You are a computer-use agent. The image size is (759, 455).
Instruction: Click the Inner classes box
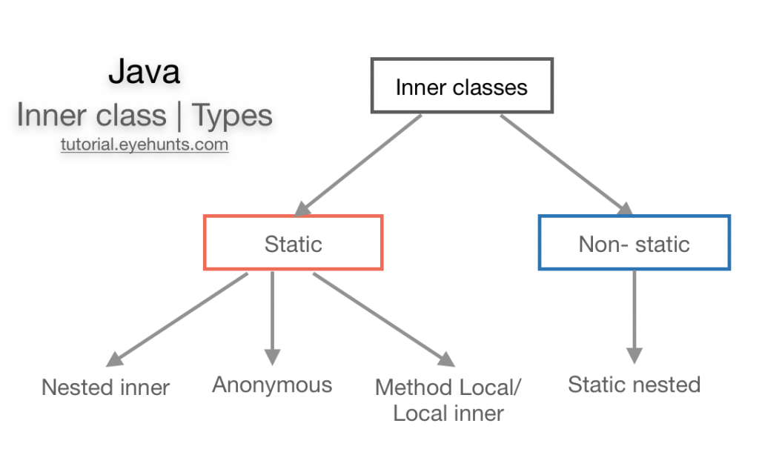[x=461, y=87]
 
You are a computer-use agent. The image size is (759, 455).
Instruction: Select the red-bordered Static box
[x=293, y=243]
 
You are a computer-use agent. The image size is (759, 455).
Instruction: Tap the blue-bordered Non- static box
[x=634, y=243]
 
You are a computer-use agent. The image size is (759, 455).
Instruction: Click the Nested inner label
[x=106, y=387]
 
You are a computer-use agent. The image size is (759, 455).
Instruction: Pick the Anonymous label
[x=272, y=385]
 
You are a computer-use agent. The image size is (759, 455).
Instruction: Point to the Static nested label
[x=634, y=385]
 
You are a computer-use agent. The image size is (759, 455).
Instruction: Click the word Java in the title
[x=144, y=72]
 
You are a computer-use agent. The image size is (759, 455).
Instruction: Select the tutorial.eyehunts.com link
[x=145, y=145]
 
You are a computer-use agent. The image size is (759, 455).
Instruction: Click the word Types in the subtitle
[x=232, y=116]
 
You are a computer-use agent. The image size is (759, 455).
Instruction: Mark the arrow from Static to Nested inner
[x=177, y=319]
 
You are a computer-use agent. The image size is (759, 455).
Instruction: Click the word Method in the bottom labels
[x=410, y=387]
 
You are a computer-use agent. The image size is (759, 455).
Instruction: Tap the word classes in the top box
[x=491, y=87]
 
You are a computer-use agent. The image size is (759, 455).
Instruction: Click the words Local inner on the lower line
[x=448, y=414]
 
